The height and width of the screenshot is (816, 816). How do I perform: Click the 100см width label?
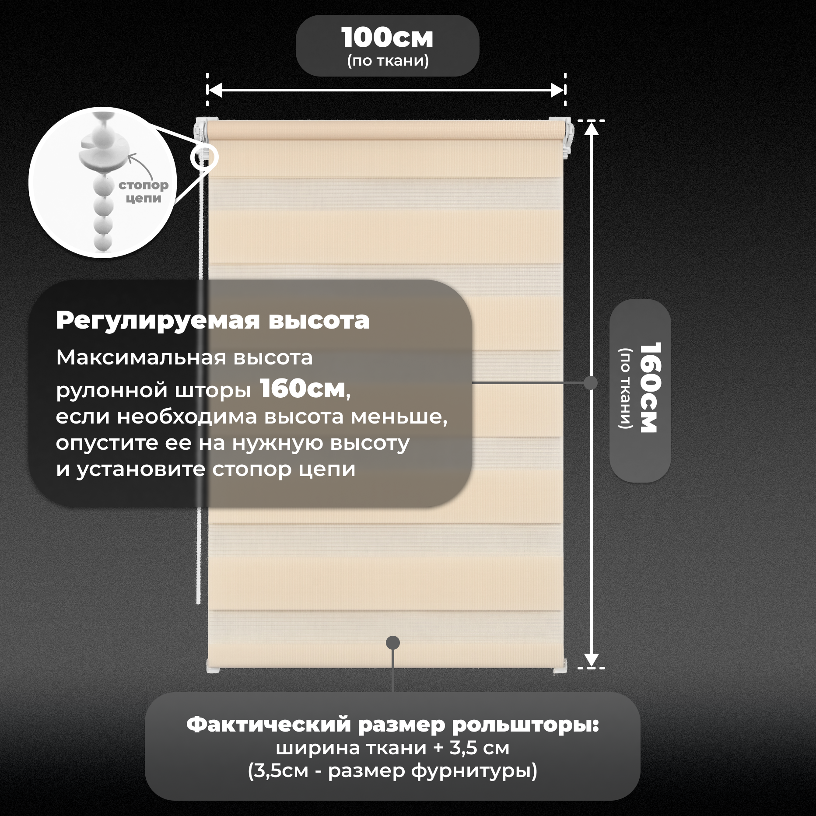coord(387,38)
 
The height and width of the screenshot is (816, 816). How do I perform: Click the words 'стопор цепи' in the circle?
coord(144,192)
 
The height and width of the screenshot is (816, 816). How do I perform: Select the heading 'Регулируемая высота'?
coord(213,321)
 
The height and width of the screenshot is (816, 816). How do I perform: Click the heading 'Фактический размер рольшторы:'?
coord(392,725)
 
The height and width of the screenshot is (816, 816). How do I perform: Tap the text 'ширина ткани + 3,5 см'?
coord(392,748)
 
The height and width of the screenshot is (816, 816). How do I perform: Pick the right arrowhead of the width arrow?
coord(557,90)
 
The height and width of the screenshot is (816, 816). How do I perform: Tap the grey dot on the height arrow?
coord(591,383)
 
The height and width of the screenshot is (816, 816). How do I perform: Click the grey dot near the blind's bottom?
coord(393,643)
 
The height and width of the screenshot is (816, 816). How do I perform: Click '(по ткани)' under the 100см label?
coord(388,60)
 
